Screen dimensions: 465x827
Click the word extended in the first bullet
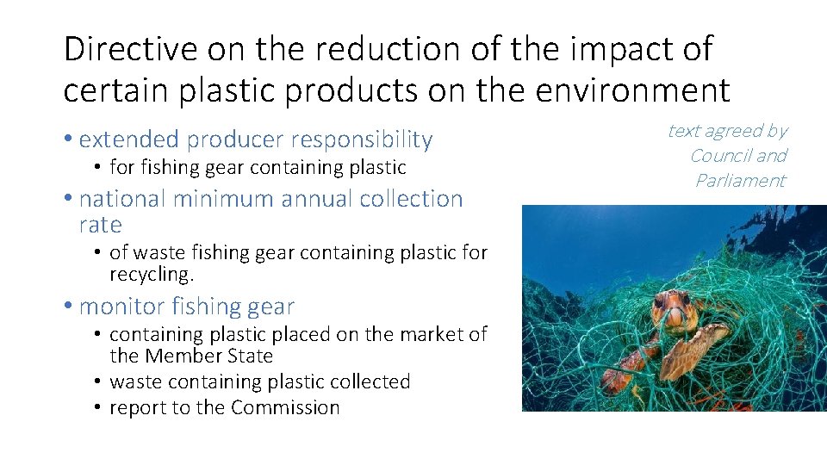click(129, 139)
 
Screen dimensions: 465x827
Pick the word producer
click(235, 139)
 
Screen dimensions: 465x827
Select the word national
click(121, 199)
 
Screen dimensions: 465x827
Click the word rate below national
click(100, 226)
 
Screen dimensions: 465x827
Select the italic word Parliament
click(741, 181)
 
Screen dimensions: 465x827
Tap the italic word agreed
click(732, 131)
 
